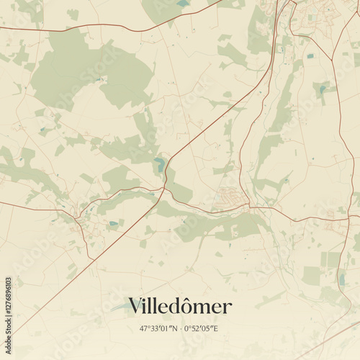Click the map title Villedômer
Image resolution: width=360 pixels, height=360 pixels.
click(x=180, y=307)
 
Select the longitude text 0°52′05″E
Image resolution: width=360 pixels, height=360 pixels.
click(x=206, y=328)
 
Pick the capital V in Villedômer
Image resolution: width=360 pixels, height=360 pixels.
click(x=135, y=307)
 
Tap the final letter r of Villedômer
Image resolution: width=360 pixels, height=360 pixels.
click(x=228, y=309)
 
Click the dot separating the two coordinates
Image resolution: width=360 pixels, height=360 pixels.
click(x=181, y=328)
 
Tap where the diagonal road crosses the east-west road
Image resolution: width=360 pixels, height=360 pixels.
click(x=165, y=189)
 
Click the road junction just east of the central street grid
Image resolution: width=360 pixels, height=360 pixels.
click(x=249, y=207)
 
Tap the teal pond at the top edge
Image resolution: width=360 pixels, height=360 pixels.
click(x=183, y=4)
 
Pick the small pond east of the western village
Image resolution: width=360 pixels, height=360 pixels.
click(x=112, y=225)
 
